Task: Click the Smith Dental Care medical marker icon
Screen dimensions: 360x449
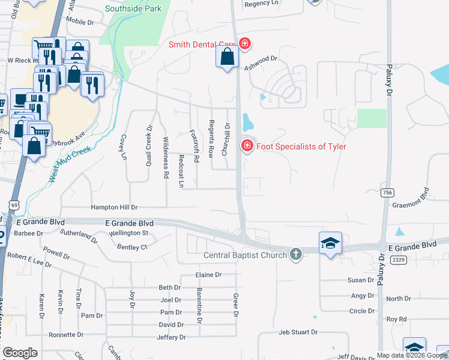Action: [244, 44]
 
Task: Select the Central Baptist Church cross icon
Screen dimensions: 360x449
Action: [295, 254]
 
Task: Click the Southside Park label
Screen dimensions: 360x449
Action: [133, 9]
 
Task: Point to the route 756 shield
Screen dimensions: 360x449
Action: [388, 192]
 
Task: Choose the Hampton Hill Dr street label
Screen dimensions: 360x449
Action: [114, 207]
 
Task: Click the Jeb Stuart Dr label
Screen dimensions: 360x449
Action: [298, 332]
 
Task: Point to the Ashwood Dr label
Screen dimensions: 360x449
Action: [261, 59]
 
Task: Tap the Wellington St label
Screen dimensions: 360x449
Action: [128, 233]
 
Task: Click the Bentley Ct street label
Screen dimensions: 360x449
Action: [132, 247]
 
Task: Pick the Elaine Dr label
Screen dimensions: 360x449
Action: [208, 275]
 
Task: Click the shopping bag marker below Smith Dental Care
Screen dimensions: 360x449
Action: [227, 58]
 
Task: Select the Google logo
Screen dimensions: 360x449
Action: [20, 353]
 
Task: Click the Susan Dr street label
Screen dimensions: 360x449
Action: [361, 280]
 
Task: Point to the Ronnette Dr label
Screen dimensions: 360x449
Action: [67, 335]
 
